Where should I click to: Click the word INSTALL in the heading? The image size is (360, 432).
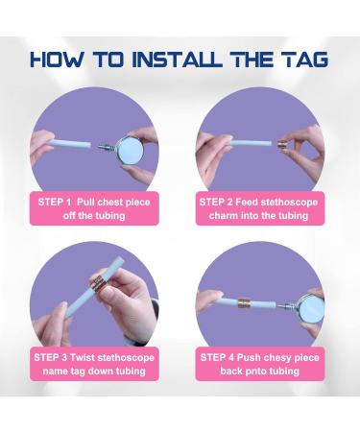pos(178,60)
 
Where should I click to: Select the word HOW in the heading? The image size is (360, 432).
pos(58,60)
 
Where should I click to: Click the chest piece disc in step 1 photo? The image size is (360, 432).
pos(130,149)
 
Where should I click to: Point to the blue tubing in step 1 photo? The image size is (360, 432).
pos(69,144)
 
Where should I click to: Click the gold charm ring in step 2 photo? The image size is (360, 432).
pos(282,145)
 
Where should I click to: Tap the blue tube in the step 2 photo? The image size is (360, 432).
pos(250,143)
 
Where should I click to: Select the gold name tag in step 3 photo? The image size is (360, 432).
pos(98,284)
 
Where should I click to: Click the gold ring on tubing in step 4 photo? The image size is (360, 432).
pos(245,303)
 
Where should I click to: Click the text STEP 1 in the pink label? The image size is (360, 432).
pos(55,203)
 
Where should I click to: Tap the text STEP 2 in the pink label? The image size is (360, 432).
pos(216,203)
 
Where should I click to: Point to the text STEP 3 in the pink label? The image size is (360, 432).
pos(51,357)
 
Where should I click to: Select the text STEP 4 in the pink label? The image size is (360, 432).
pos(217,357)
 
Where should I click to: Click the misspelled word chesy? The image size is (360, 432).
pos(279,358)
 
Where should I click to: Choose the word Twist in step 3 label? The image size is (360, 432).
pos(83,357)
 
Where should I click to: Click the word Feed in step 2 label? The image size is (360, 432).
pos(247,203)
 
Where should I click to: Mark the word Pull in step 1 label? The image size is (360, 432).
pos(85,203)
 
